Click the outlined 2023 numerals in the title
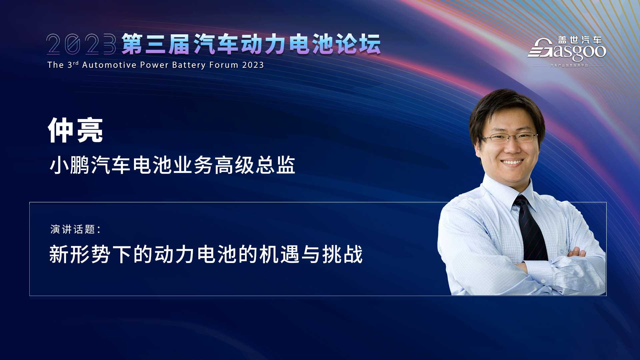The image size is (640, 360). tap(81, 44)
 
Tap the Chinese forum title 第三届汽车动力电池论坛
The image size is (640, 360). tap(251, 44)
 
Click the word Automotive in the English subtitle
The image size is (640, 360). tap(109, 65)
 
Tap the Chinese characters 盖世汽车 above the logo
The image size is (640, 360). tap(580, 40)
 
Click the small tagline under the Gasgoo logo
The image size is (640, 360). tap(569, 65)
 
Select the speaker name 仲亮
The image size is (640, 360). tap(75, 130)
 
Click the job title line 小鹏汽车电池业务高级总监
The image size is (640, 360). tap(172, 165)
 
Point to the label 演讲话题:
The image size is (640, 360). tap(75, 229)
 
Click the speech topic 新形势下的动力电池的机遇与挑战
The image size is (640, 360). tap(206, 254)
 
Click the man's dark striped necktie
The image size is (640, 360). tap(530, 228)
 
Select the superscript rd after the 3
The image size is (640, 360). tap(76, 63)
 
